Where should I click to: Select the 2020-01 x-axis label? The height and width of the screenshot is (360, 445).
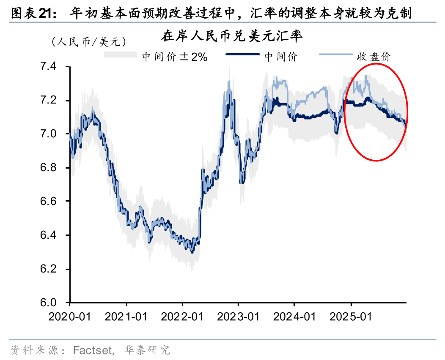[70, 316]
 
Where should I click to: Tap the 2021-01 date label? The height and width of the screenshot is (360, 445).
[126, 316]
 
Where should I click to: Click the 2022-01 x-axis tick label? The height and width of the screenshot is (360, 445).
[182, 316]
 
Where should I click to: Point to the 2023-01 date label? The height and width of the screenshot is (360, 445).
[238, 316]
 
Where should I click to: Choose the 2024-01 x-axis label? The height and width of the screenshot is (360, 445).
[294, 316]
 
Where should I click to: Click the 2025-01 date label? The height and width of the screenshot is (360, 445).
[351, 316]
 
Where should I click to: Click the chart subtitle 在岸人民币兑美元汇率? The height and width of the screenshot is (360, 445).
[232, 37]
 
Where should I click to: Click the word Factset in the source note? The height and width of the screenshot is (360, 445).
[93, 350]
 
